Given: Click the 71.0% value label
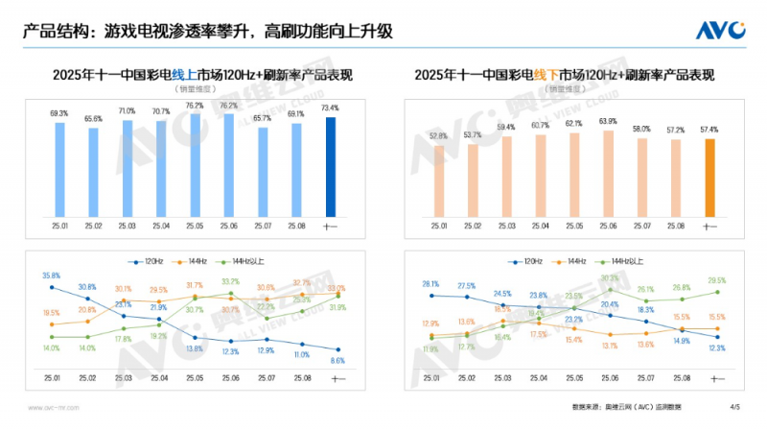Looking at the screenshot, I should pyautogui.click(x=127, y=111).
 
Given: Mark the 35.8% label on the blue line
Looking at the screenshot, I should pyautogui.click(x=51, y=275).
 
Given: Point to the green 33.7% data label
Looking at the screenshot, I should pyautogui.click(x=230, y=281).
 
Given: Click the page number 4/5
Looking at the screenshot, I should pyautogui.click(x=735, y=408).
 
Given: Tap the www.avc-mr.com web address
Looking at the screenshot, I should pyautogui.click(x=53, y=408).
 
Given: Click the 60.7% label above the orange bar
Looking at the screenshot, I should pyautogui.click(x=540, y=125).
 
